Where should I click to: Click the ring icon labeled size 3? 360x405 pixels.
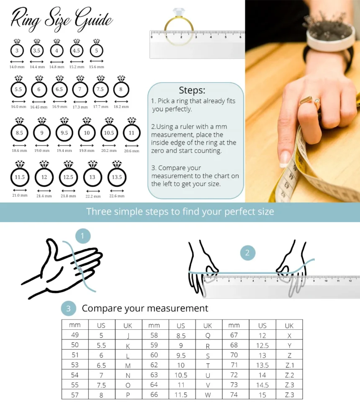pos(17,51)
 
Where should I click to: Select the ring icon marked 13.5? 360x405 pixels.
pos(117,177)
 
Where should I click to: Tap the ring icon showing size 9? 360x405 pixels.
pos(42,133)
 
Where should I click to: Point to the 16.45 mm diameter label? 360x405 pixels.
pos(39,107)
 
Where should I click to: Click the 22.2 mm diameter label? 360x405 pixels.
pos(93,196)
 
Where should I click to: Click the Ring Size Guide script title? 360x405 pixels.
pos(62,20)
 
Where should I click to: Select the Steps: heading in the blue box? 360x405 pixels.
pos(192,90)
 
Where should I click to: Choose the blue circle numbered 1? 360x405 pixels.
pos(82,236)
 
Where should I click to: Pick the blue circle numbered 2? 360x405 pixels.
pos(247,252)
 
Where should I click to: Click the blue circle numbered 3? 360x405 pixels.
pos(68,309)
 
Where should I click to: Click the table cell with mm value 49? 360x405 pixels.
pos(75,335)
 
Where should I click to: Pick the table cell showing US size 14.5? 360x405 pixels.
pos(262,384)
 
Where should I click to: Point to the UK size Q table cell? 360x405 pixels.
pos(208,335)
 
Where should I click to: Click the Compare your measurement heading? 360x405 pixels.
pos(145,308)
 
